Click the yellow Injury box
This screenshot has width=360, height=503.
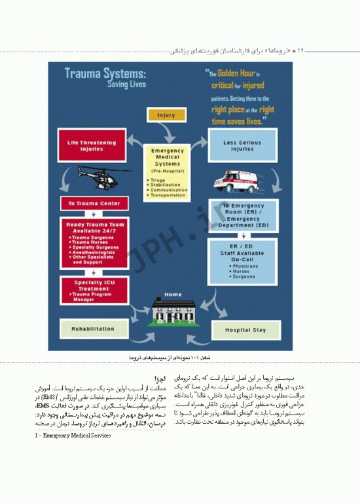click(x=166, y=115)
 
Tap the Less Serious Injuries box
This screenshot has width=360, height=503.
click(x=242, y=145)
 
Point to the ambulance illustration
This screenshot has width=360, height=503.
click(x=243, y=180)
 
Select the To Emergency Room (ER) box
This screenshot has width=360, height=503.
click(x=243, y=214)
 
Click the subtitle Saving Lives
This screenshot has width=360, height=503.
click(x=127, y=84)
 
